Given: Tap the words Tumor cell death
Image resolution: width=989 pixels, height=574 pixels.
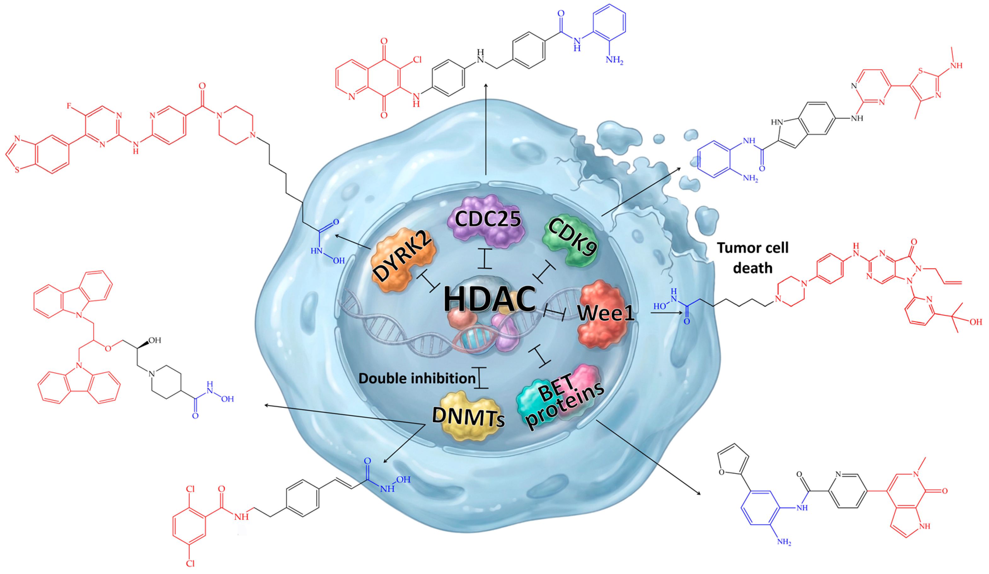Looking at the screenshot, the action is point(752,258).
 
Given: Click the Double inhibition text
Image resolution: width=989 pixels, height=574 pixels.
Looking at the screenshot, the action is point(417,378).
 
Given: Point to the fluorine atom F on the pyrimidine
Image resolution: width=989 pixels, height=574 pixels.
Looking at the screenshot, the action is point(69,106).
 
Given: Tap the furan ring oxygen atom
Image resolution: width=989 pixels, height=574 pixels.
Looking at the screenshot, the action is point(721,472).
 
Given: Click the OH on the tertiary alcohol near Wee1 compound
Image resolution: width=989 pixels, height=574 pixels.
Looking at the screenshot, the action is point(976,322).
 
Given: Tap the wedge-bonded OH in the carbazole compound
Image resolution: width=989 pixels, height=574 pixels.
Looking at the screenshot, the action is point(155,340).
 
